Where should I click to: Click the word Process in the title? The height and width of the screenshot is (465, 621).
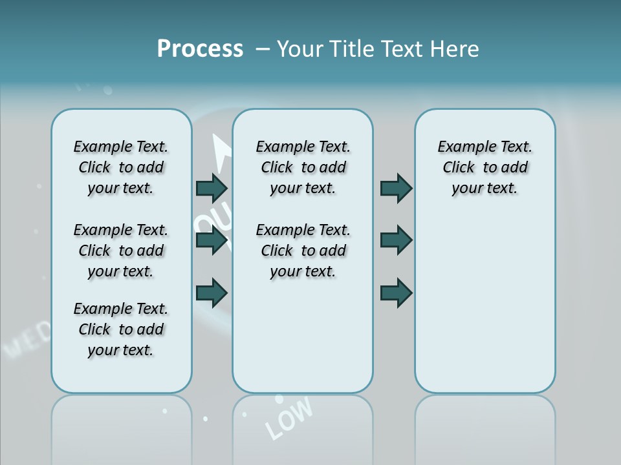pos(200,49)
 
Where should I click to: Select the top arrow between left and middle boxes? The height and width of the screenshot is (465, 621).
pos(212,188)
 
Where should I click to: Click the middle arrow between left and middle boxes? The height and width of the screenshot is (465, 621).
pos(212,240)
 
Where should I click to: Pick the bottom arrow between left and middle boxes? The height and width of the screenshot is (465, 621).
pos(212,293)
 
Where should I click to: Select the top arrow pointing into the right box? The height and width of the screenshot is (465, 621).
pos(396,188)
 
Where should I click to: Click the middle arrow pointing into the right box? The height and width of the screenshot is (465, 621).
pos(396,240)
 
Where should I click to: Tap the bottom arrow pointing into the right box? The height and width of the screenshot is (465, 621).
pos(396,293)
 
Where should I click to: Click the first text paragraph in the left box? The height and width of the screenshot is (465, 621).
pos(121,167)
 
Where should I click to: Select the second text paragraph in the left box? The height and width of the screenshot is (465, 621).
pos(121,251)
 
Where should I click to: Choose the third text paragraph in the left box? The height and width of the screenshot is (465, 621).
pos(121,329)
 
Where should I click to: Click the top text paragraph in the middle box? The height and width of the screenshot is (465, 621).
pos(303,167)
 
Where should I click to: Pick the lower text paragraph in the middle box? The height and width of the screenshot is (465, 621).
pos(303,251)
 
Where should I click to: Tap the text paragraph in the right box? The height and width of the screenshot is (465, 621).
pos(485,167)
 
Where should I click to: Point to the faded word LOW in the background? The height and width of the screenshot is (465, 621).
pos(289,417)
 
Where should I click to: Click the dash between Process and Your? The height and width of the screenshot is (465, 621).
pos(263,50)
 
